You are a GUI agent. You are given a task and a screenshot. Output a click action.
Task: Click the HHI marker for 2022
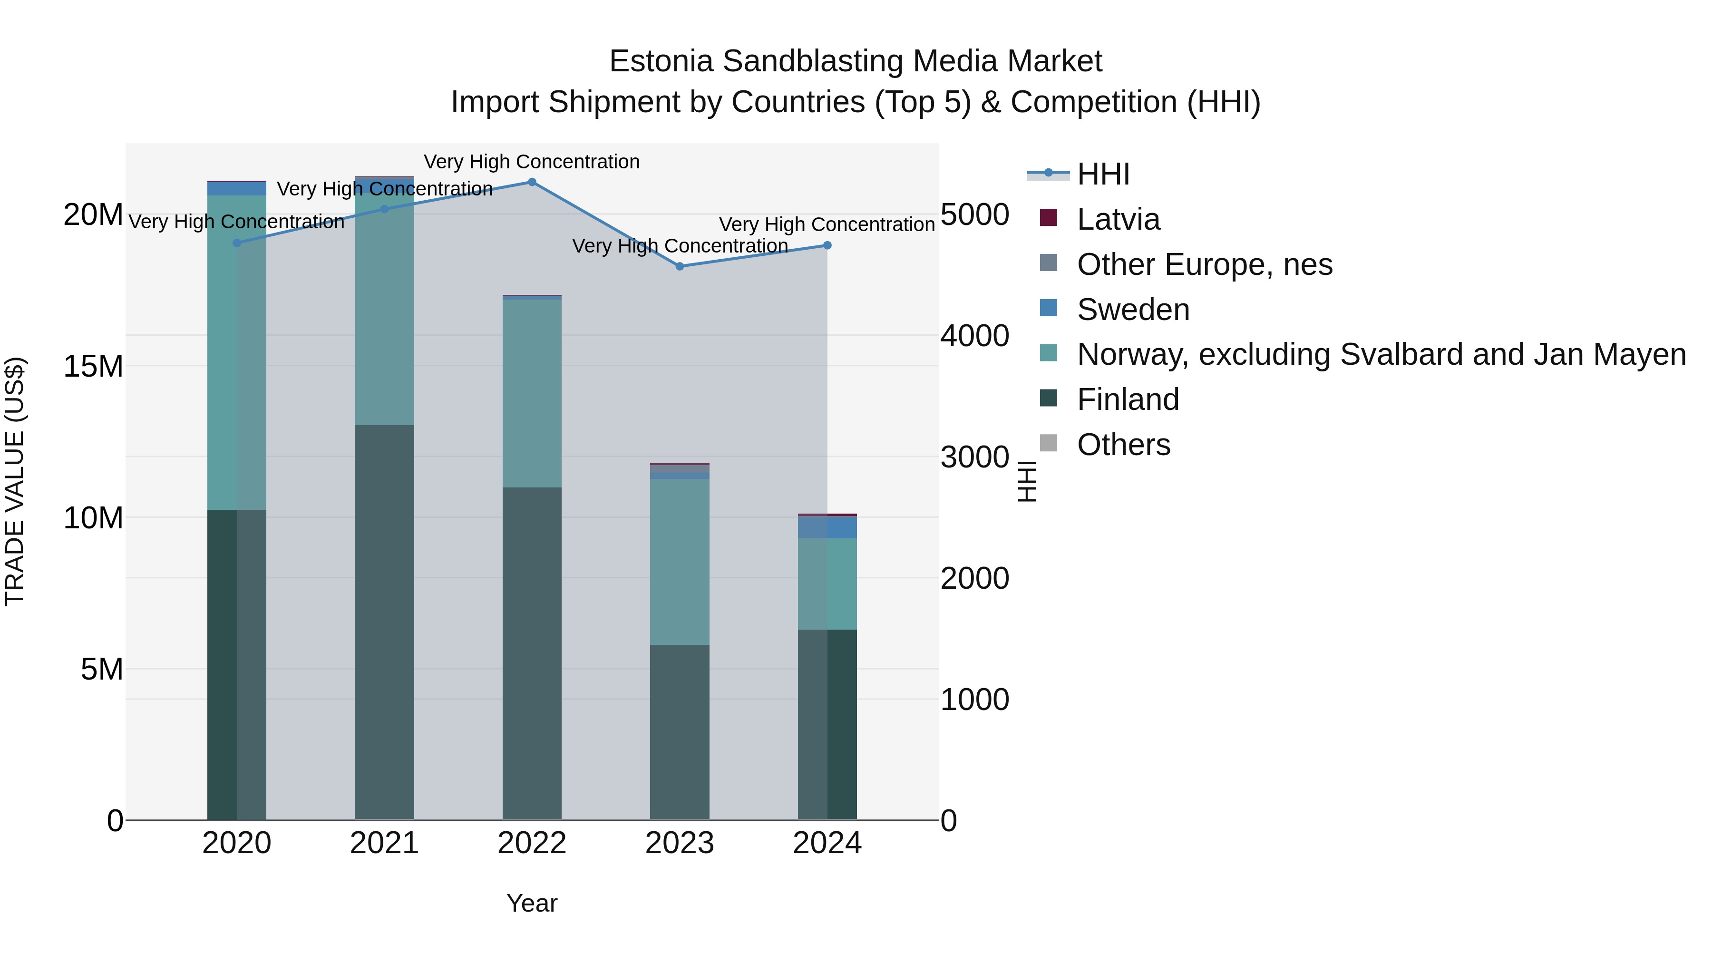(532, 182)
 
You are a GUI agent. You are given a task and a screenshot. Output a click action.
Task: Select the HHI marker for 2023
(679, 266)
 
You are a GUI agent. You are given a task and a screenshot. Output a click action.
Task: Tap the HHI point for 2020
(237, 243)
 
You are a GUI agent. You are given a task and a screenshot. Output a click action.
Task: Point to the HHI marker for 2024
(827, 246)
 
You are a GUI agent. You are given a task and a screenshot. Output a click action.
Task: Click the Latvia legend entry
(1118, 219)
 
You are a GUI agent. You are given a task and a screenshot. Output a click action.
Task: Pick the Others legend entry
(1123, 445)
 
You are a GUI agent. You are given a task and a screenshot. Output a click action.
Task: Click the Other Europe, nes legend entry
(1204, 264)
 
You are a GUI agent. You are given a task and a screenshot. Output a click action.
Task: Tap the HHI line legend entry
(1103, 174)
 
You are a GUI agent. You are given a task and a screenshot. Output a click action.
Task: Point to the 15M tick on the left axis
(93, 366)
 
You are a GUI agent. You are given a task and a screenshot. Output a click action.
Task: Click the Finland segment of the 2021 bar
(384, 622)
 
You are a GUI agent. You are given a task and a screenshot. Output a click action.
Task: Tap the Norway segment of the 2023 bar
(679, 562)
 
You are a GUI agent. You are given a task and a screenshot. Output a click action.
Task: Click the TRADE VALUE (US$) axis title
(15, 481)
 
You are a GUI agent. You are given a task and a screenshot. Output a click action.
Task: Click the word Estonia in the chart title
(661, 62)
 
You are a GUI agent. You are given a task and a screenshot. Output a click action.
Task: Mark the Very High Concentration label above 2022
(532, 162)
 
